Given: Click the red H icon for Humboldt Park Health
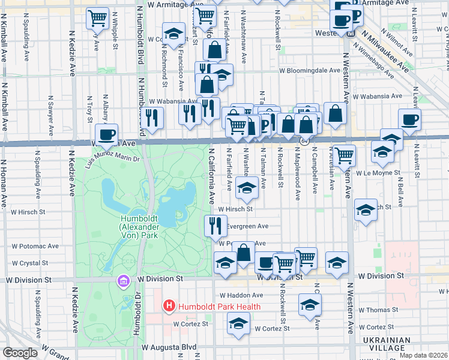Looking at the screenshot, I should point(169,307).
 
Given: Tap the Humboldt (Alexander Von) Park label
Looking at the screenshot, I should point(139,227).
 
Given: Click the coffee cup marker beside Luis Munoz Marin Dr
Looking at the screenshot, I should point(107,134).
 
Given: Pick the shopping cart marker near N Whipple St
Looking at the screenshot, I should point(97,17).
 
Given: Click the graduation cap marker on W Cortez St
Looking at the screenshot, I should point(238,323).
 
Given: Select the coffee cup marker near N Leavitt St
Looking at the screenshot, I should point(409,119).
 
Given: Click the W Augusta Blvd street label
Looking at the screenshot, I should point(169,347).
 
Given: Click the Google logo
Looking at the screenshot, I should point(20,353).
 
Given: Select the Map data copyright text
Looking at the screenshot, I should point(423,355).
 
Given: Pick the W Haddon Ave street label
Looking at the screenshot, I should point(241,295).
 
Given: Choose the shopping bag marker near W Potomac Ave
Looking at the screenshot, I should point(244,253).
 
